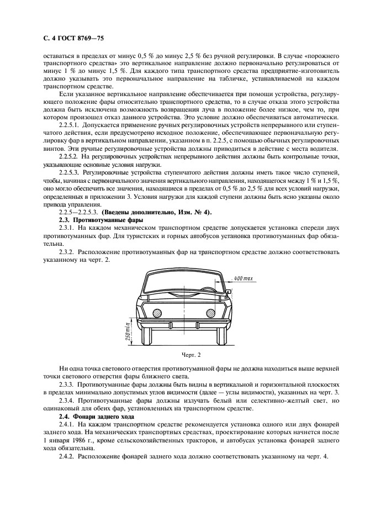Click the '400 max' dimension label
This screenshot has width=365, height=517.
click(244, 278)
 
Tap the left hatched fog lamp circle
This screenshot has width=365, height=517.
click(157, 313)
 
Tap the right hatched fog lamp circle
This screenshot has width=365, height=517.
click(210, 313)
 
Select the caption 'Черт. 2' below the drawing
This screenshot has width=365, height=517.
click(183, 355)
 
